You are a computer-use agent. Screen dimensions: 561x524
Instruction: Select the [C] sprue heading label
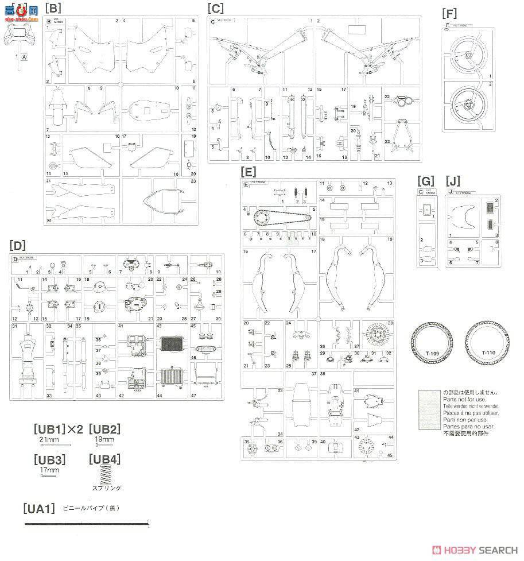click(x=216, y=8)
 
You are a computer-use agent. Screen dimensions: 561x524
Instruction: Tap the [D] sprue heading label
click(x=18, y=246)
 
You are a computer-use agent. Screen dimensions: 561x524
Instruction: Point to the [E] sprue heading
click(x=249, y=171)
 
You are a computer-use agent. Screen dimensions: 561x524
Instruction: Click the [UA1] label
click(x=39, y=508)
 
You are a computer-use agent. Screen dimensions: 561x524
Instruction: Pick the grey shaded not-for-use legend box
click(x=429, y=410)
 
